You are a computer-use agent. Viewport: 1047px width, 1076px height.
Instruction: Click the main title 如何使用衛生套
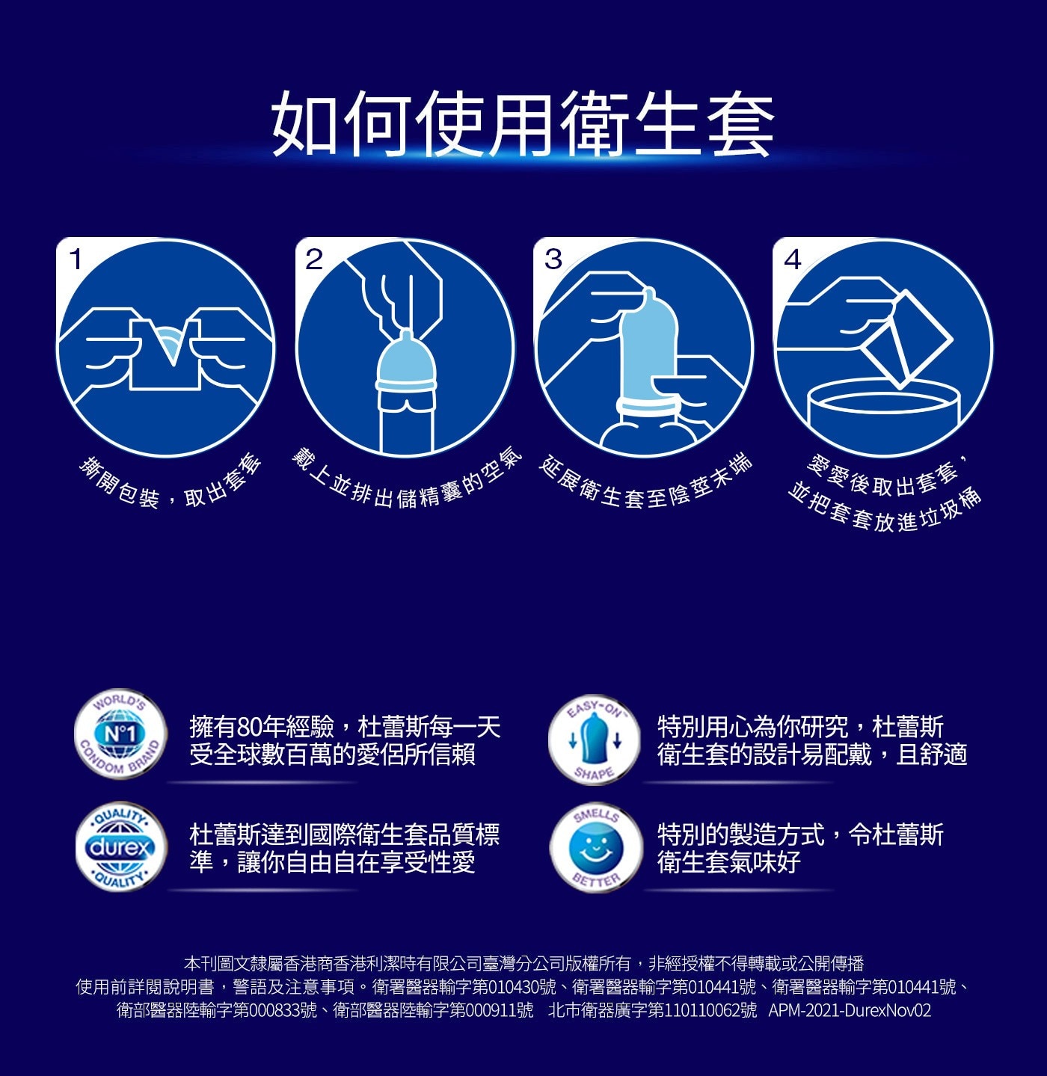coord(523,123)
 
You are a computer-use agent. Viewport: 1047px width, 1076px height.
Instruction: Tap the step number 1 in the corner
coord(76,259)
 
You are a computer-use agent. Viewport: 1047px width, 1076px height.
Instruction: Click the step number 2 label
coord(314,259)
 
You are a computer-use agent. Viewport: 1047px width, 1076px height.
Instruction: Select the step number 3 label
coord(553,259)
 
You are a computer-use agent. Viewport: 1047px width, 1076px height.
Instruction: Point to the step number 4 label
coord(793,259)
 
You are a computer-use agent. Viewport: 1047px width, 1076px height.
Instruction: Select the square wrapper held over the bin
coord(907,339)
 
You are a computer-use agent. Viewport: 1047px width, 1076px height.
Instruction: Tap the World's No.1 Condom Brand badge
coord(120,734)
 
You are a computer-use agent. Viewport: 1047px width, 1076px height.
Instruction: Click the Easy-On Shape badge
coord(595,740)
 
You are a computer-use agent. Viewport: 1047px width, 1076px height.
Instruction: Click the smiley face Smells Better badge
coord(596,848)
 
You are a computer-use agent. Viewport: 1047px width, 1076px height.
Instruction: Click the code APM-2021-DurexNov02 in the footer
coord(850,1010)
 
